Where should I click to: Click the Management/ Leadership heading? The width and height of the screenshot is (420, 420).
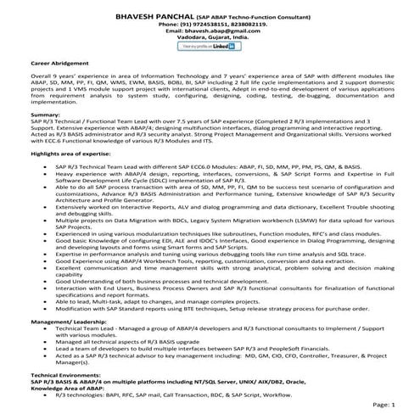74,323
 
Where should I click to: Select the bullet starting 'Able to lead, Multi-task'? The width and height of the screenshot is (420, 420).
170,301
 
